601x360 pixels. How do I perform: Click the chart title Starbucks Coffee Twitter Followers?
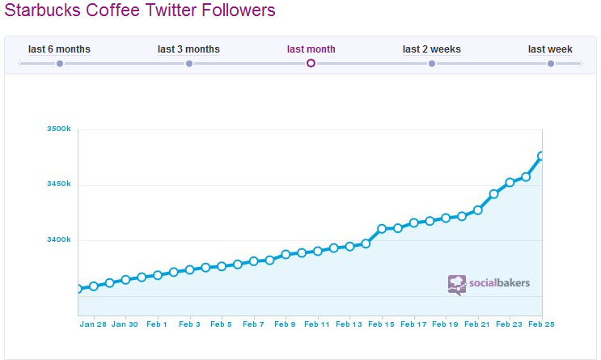140,11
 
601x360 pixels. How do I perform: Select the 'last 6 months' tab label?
59,49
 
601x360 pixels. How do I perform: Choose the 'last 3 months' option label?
188,49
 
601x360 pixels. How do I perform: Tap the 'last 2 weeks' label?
432,49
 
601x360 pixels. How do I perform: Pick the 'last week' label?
550,49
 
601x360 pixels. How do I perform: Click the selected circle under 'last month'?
311,63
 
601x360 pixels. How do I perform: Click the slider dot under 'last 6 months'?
60,63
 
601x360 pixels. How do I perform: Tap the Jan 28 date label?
92,324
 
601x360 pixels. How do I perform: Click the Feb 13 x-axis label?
349,324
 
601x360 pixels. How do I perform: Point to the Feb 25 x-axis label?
541,324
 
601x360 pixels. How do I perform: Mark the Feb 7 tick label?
253,324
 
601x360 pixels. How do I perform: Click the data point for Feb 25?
541,156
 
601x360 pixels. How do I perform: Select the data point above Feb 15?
382,229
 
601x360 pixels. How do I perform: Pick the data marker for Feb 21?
478,210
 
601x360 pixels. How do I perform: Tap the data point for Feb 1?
158,275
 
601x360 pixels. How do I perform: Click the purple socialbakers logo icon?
457,284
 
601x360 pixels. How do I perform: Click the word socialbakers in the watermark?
498,283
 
